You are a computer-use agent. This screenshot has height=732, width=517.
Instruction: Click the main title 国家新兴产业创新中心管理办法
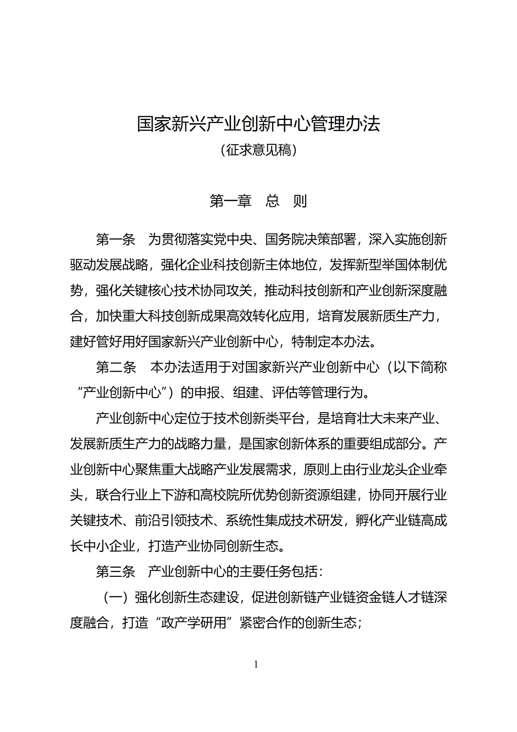(x=258, y=124)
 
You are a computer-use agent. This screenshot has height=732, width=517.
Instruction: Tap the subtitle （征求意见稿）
(x=258, y=150)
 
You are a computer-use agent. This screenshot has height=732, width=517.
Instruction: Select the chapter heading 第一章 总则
(x=258, y=201)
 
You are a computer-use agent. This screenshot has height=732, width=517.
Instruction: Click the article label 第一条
(x=116, y=240)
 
